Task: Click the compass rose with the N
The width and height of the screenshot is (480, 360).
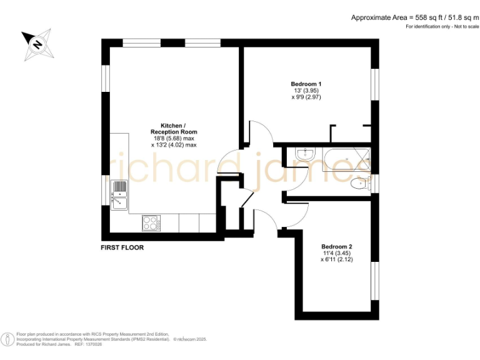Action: point(37,44)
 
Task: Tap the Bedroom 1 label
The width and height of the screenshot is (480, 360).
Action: point(306,84)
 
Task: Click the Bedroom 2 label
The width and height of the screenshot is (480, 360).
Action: point(337,246)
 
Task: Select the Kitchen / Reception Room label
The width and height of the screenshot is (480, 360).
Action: point(174,128)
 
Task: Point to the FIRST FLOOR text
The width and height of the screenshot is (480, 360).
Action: point(122,248)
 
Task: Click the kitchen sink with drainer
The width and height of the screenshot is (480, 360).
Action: point(119,194)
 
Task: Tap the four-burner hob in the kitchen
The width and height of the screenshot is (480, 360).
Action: point(151,222)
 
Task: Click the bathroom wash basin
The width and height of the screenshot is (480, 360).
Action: point(306,154)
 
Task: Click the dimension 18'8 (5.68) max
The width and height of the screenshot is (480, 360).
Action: point(174,138)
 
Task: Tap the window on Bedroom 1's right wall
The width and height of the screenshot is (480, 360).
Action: point(375,84)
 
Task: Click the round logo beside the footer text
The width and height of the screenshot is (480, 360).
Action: point(7,339)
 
